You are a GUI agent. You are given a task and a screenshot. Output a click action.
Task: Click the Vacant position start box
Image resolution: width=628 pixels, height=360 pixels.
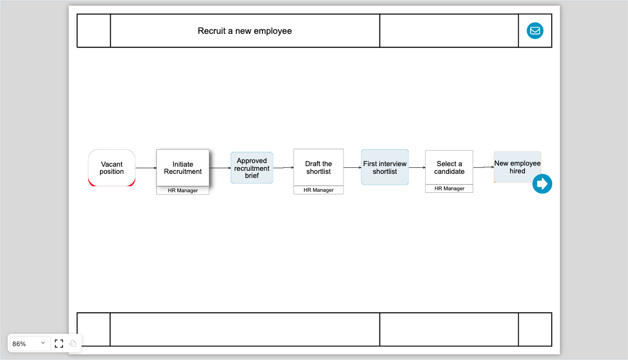[x=112, y=168]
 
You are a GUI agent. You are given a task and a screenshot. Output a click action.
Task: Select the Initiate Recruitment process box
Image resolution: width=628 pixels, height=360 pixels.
[x=183, y=168]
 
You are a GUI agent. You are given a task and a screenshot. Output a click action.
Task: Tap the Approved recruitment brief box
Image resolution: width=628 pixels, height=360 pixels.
[x=252, y=168]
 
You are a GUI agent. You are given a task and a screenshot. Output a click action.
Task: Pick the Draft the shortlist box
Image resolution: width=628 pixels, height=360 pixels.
[x=318, y=167]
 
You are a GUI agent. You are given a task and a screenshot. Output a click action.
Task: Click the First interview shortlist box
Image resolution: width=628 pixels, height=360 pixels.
[x=384, y=167]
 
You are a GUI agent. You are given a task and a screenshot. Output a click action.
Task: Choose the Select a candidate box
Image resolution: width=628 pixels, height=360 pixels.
[x=449, y=167]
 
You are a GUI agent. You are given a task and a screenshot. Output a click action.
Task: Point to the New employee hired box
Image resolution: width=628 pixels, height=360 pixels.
[x=517, y=167]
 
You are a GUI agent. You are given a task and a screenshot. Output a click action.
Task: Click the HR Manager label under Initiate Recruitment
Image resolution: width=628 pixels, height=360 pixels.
[x=183, y=191]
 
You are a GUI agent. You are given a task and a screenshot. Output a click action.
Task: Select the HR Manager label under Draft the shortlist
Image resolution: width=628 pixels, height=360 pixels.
[x=318, y=190]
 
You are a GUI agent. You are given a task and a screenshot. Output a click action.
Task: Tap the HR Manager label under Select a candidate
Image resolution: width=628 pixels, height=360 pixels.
[x=449, y=189]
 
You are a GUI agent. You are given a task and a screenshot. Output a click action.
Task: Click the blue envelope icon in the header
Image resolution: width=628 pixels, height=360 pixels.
[x=535, y=31]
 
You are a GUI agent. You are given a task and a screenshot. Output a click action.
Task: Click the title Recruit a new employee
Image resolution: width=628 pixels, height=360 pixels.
[x=245, y=31]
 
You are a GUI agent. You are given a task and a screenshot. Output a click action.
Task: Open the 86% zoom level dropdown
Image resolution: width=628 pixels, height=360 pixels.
[x=29, y=344]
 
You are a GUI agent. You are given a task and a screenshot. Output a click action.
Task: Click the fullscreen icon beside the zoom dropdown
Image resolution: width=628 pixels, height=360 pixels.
[x=59, y=344]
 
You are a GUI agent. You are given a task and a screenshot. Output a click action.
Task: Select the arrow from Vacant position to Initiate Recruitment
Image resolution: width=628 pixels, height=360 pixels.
[x=146, y=168]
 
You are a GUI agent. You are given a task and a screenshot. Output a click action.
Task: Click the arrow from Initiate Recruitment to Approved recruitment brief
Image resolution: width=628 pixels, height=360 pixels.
[x=220, y=168]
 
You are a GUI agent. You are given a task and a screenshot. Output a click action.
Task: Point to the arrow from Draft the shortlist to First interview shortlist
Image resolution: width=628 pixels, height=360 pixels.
[x=352, y=167]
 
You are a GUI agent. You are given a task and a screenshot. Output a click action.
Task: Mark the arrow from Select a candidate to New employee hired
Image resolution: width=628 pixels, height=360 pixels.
[x=483, y=167]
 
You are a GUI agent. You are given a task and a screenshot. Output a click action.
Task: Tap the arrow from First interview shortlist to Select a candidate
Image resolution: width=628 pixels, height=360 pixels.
[x=417, y=167]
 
